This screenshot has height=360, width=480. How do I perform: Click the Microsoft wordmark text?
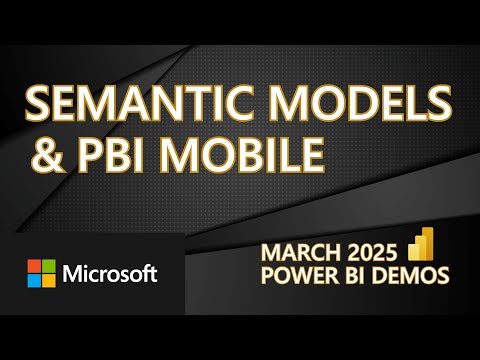pyautogui.click(x=107, y=272)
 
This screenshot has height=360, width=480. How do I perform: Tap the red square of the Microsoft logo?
pyautogui.click(x=34, y=265)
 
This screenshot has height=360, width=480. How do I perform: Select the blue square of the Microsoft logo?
pyautogui.click(x=34, y=280)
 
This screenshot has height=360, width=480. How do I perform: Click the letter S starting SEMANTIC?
pyautogui.click(x=37, y=103)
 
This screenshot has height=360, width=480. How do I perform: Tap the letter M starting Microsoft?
pyautogui.click(x=74, y=272)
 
